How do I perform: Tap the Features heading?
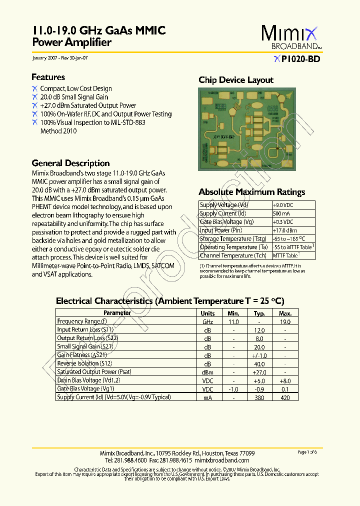(x=48, y=77)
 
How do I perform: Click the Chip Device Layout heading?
(x=236, y=80)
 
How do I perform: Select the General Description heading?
(x=70, y=163)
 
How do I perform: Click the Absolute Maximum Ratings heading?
(x=251, y=192)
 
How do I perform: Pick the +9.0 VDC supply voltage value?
(x=283, y=205)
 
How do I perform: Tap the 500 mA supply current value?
(x=282, y=213)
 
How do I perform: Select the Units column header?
(x=207, y=313)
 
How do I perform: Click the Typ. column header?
(x=259, y=313)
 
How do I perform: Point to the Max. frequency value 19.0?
(x=285, y=322)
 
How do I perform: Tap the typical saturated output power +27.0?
(x=259, y=372)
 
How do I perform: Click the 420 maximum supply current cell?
(x=285, y=397)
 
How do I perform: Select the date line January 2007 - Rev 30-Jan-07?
(x=60, y=58)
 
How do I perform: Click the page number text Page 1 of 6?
(x=307, y=452)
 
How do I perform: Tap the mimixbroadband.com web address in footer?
(x=221, y=460)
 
